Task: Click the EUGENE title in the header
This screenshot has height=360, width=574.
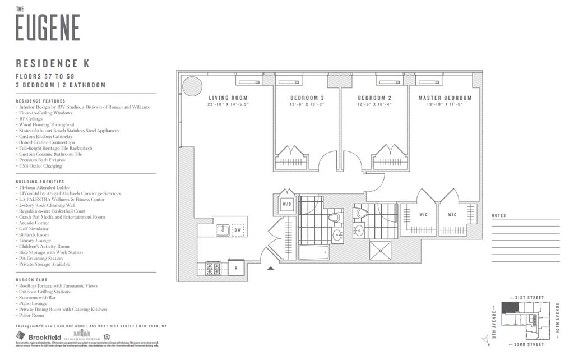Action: click(x=48, y=27)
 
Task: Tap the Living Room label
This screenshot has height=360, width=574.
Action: click(x=228, y=98)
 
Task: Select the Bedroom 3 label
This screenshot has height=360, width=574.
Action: click(x=307, y=98)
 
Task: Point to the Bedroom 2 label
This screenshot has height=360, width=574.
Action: click(x=374, y=98)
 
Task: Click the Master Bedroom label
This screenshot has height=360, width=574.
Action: click(x=445, y=98)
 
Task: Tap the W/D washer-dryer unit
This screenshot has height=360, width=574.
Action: click(x=287, y=204)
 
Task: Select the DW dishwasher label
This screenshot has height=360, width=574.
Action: click(x=238, y=230)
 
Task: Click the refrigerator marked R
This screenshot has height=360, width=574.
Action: click(x=236, y=268)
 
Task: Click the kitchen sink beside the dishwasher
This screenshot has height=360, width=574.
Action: click(x=222, y=229)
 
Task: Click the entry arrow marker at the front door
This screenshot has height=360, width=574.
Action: click(x=271, y=269)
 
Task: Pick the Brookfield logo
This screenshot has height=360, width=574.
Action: click(x=38, y=337)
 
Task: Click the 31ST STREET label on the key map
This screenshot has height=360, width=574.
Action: click(x=530, y=298)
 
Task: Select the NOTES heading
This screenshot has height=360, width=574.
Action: click(x=498, y=216)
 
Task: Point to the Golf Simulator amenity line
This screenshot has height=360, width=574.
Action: click(x=34, y=229)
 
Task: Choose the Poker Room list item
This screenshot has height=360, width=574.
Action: click(x=31, y=315)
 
